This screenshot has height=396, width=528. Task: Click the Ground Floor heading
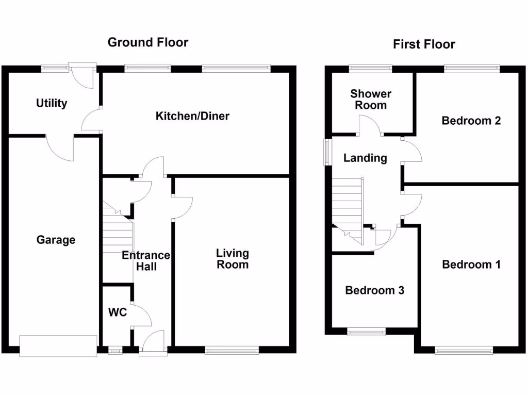(148, 42)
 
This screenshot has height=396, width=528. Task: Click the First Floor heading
(424, 44)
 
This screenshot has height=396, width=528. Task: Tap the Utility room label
(52, 103)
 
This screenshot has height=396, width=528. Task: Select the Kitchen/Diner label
(192, 116)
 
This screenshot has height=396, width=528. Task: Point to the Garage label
(56, 240)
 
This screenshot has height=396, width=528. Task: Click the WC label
(118, 312)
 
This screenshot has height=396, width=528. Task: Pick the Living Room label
(233, 259)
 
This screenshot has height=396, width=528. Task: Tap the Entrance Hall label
(146, 260)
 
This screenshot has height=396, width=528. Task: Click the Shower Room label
(371, 100)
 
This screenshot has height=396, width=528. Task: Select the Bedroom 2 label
(471, 121)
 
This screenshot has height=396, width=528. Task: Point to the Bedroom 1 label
(471, 265)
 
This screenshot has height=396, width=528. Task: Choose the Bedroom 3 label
(374, 290)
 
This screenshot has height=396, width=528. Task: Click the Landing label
(365, 158)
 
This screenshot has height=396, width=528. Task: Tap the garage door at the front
(58, 346)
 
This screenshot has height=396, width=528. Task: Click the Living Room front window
(232, 351)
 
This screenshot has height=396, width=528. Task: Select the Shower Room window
(370, 69)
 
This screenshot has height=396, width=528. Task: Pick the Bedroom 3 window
(367, 332)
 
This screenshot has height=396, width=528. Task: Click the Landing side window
(327, 152)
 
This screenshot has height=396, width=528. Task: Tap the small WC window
(115, 351)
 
